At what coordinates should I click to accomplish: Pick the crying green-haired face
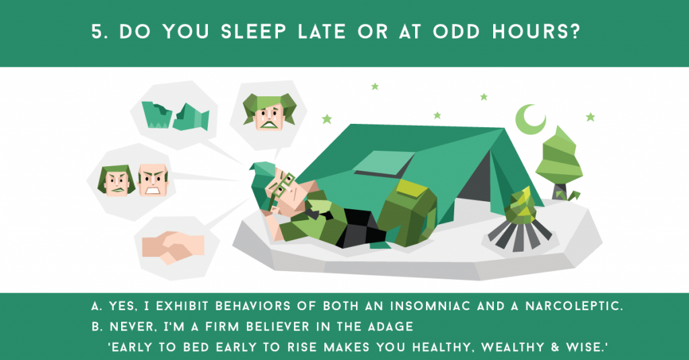[270, 112]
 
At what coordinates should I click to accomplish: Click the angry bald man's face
[153, 180]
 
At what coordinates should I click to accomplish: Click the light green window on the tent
[383, 162]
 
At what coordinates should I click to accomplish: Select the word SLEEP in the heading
[254, 32]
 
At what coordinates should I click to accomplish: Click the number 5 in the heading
[98, 32]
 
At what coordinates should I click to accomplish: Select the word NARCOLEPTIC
[574, 306]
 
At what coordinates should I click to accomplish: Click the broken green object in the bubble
[176, 116]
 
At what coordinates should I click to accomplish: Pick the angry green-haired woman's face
[116, 180]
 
